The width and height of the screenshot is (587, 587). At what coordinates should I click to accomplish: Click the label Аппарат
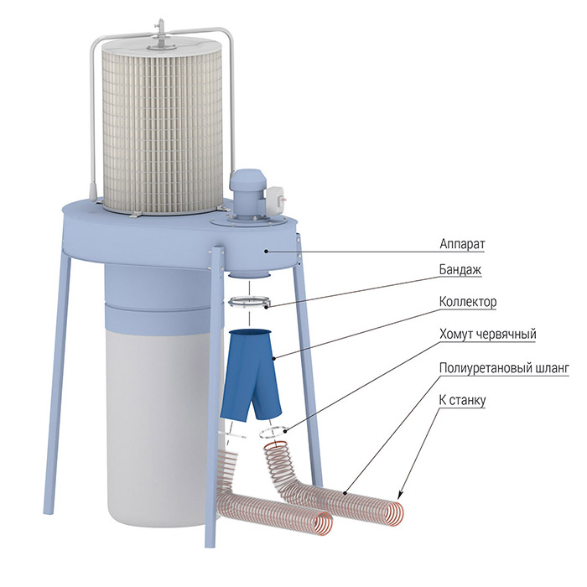click(x=462, y=244)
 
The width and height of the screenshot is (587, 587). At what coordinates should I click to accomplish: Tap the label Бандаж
click(x=460, y=269)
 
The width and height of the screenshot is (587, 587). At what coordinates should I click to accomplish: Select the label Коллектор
click(x=468, y=301)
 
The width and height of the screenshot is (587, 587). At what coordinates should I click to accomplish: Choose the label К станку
click(x=462, y=400)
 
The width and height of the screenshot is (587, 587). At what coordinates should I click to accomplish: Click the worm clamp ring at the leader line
click(x=273, y=433)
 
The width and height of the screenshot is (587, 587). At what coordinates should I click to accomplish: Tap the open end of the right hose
click(x=394, y=514)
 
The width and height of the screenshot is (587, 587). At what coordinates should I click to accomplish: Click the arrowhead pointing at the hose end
click(x=399, y=496)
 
